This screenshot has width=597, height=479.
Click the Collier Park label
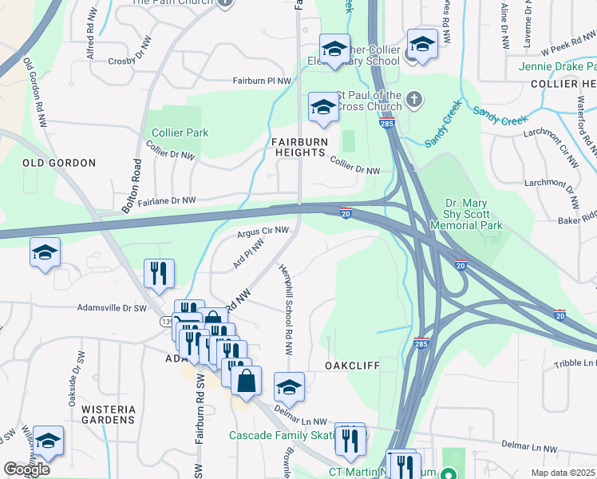[175, 133]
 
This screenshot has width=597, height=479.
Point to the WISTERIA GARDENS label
[109, 414]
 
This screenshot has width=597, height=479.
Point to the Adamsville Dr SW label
[113, 307]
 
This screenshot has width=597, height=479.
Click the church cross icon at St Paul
[413, 100]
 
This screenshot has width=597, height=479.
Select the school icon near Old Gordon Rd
[45, 252]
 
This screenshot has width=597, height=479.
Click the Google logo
[26, 469]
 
